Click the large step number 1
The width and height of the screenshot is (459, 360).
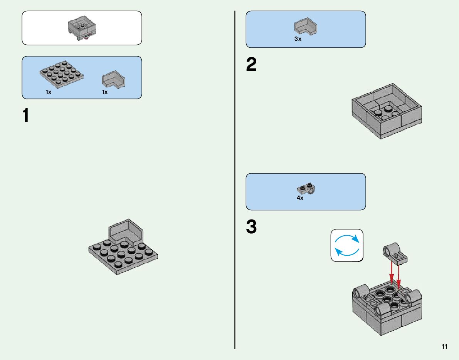pos(26,116)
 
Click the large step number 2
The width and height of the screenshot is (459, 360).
pos(251,65)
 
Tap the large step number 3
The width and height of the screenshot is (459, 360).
pos(251,227)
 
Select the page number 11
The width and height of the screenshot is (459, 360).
pos(445,347)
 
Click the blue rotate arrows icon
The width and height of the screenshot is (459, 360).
pos(347,246)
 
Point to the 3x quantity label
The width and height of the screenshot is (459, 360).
pos(298,39)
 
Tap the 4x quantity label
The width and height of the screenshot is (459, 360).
pos(300,198)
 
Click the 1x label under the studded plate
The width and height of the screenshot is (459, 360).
pos(49,92)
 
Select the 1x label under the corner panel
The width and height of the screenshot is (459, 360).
pos(105,92)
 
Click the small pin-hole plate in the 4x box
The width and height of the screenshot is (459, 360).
pos(307,188)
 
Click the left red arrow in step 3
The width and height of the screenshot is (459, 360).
pos(392,273)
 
